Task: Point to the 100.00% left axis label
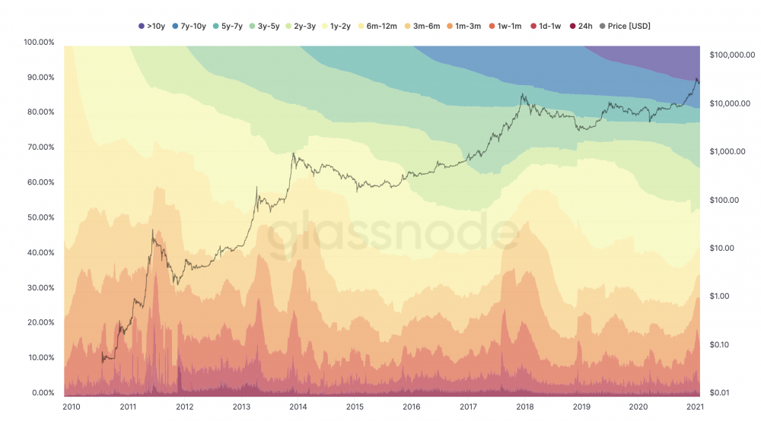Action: tap(40, 42)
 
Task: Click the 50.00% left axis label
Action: tap(40, 217)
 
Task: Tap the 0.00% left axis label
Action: tap(42, 393)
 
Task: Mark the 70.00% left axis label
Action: tap(40, 147)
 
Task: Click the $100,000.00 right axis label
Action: tap(731, 55)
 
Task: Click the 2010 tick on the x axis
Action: tap(72, 407)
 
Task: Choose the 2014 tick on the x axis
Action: tap(298, 407)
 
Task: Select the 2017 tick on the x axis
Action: tap(469, 407)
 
